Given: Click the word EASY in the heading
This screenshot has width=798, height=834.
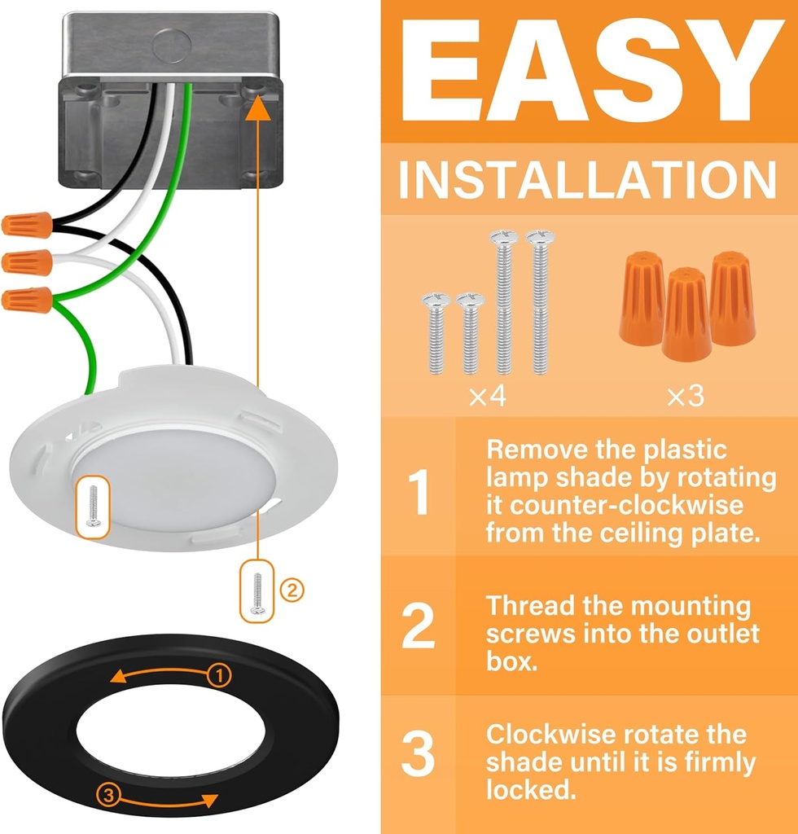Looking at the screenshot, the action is point(591,71).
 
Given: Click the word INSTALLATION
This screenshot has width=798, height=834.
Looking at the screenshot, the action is point(587,180).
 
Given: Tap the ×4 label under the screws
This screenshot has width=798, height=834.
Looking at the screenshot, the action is point(487,396).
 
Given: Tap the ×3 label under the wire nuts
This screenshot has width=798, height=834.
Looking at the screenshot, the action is point(686,397).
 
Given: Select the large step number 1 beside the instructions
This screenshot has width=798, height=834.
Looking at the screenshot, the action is point(419,493).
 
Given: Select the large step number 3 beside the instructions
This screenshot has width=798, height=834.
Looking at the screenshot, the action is point(419,753).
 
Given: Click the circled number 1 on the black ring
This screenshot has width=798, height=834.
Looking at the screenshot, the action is point(218,675).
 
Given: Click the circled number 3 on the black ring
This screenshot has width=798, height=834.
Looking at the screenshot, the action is point(108,795).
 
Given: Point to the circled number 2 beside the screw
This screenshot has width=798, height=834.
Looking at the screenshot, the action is point(292,590).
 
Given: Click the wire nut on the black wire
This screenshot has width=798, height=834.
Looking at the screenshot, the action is point(27,225).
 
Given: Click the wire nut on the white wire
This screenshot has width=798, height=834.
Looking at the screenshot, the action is point(27,262).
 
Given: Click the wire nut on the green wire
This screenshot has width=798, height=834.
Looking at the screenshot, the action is point(27,300).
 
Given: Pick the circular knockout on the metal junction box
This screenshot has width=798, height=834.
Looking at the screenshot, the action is point(172,46).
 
